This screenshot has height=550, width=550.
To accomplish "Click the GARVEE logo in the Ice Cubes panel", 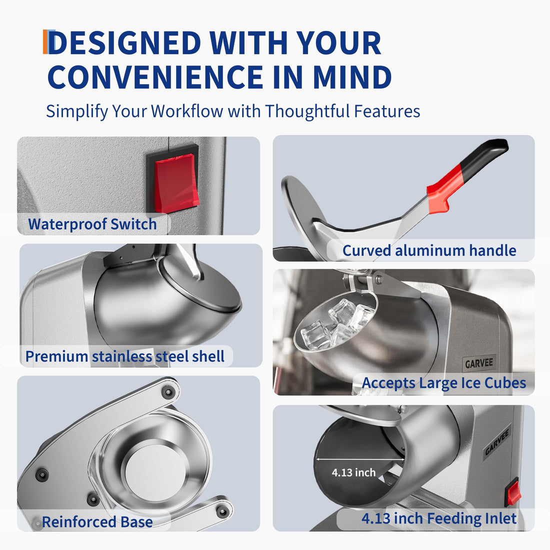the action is [479, 363].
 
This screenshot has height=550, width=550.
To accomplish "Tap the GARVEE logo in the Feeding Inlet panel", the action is [496, 442].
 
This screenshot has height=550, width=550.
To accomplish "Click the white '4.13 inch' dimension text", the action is [353, 472].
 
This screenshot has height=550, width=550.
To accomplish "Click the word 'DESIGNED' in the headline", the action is [124, 43].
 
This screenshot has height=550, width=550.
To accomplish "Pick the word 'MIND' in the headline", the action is [352, 77].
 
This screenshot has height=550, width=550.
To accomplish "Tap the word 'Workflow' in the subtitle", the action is [187, 111].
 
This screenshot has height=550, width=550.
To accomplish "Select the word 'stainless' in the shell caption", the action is [121, 356].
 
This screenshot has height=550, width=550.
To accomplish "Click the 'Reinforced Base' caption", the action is [97, 522].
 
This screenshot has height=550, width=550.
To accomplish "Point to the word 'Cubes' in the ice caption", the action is [505, 382].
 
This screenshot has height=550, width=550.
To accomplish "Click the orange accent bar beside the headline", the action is [45, 41].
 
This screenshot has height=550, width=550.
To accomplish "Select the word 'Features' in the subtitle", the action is [387, 111].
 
